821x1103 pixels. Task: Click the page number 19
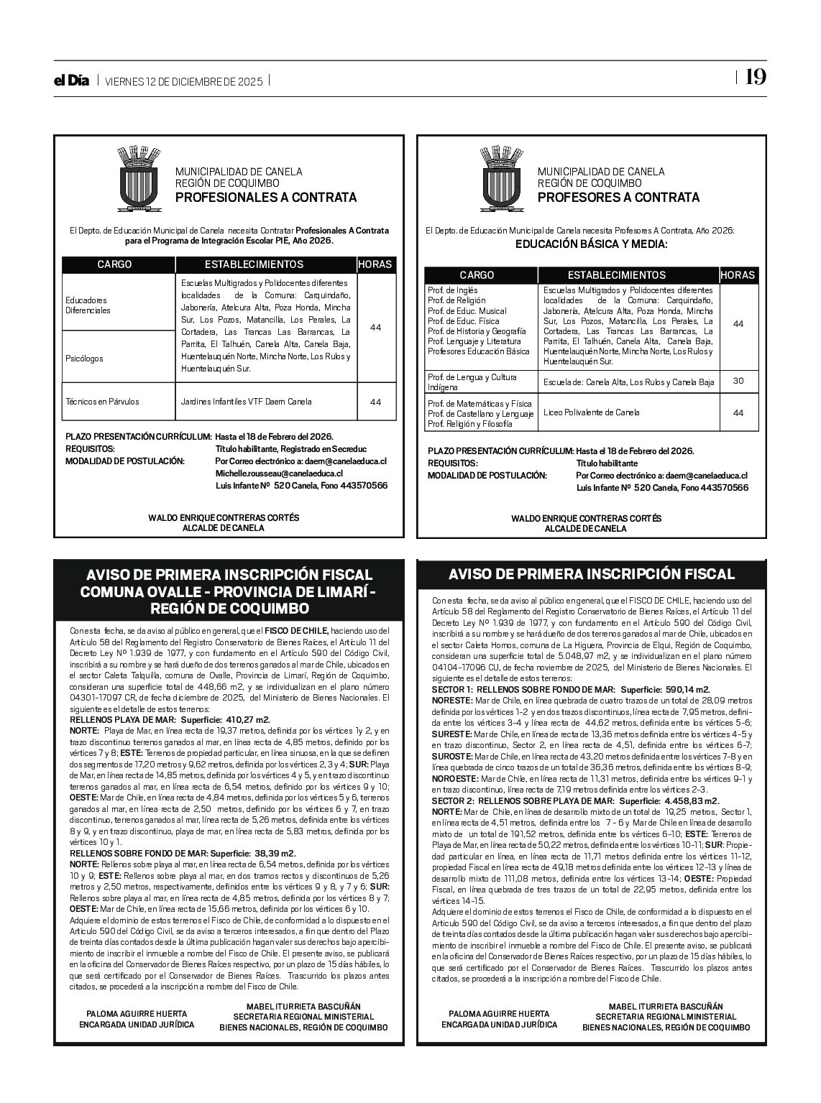point(755,78)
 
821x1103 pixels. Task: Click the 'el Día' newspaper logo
point(72,80)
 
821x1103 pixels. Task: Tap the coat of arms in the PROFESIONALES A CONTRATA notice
point(139,179)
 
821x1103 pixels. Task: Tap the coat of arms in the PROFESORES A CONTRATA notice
point(502,179)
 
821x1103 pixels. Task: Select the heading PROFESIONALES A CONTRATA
point(266,198)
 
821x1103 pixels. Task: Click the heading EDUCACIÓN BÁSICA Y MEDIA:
point(591,244)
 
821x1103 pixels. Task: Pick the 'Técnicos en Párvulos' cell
point(102,402)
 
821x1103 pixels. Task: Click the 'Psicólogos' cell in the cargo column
point(84,358)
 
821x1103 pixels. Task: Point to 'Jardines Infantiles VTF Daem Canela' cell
point(247,402)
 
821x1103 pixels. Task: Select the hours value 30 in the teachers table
point(738,381)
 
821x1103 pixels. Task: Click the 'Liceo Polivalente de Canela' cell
point(591,412)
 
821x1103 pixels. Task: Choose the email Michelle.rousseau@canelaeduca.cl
point(279,474)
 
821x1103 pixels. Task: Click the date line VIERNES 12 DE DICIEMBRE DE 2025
point(184,81)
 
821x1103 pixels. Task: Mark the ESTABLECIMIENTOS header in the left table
point(254,264)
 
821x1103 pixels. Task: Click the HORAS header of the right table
point(738,274)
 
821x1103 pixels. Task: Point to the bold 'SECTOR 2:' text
point(452,800)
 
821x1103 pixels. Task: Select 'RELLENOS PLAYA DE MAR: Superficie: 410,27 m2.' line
point(170,719)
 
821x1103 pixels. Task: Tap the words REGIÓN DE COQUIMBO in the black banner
point(229,609)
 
